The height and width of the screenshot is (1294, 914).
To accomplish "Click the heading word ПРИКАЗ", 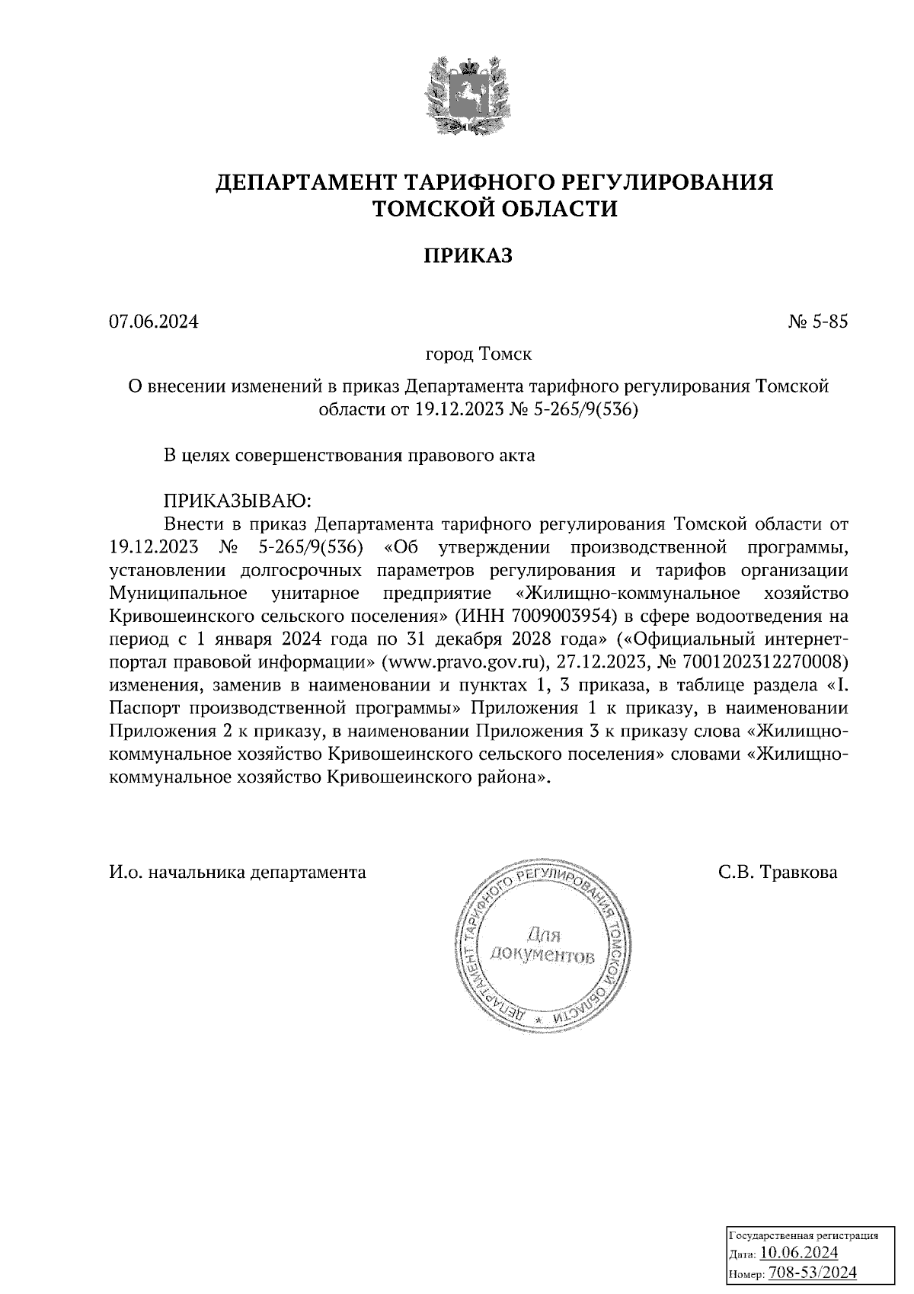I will [468, 256].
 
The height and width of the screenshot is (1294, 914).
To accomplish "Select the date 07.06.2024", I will [154, 322].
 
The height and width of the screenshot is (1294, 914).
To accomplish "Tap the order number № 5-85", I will [818, 322].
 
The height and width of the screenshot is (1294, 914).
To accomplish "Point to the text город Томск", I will [478, 354].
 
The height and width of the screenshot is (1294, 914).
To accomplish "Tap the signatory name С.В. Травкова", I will [778, 873].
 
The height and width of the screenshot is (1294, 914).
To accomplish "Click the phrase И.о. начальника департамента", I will [238, 873].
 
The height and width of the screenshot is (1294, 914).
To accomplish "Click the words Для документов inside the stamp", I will [542, 945].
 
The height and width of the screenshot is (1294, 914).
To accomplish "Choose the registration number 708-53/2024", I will [813, 1272].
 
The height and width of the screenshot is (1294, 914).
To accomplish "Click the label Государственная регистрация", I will [804, 1235].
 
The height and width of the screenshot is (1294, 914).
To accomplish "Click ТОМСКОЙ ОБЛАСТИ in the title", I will [494, 208].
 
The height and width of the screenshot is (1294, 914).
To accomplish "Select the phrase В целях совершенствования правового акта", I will [350, 456].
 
